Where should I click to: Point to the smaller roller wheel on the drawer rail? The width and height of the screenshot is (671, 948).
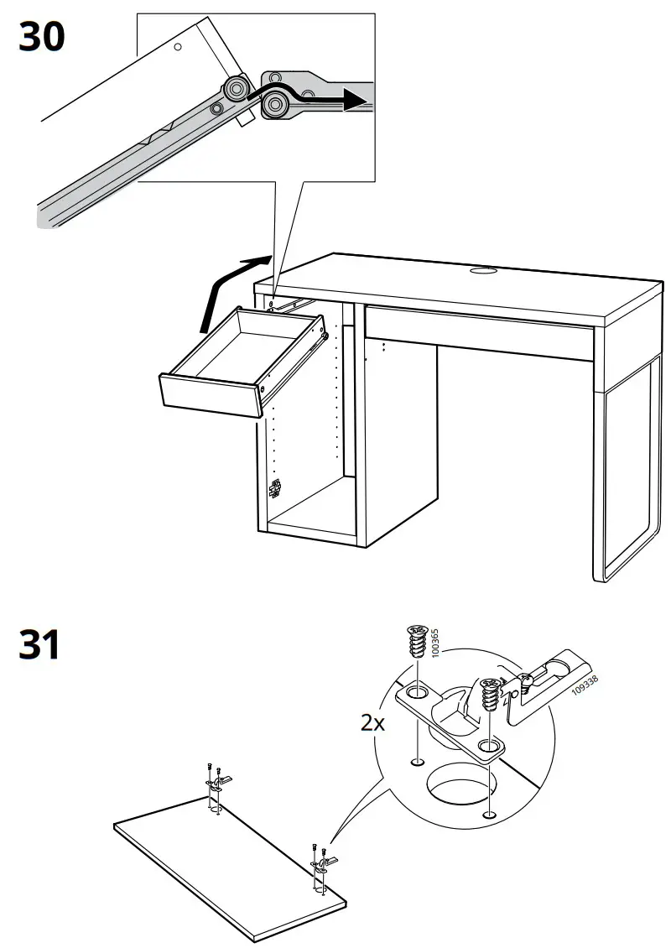tap(235, 88)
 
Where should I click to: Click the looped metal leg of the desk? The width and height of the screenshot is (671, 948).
tap(625, 470)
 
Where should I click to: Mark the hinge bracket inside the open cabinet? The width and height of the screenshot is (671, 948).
tap(273, 488)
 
